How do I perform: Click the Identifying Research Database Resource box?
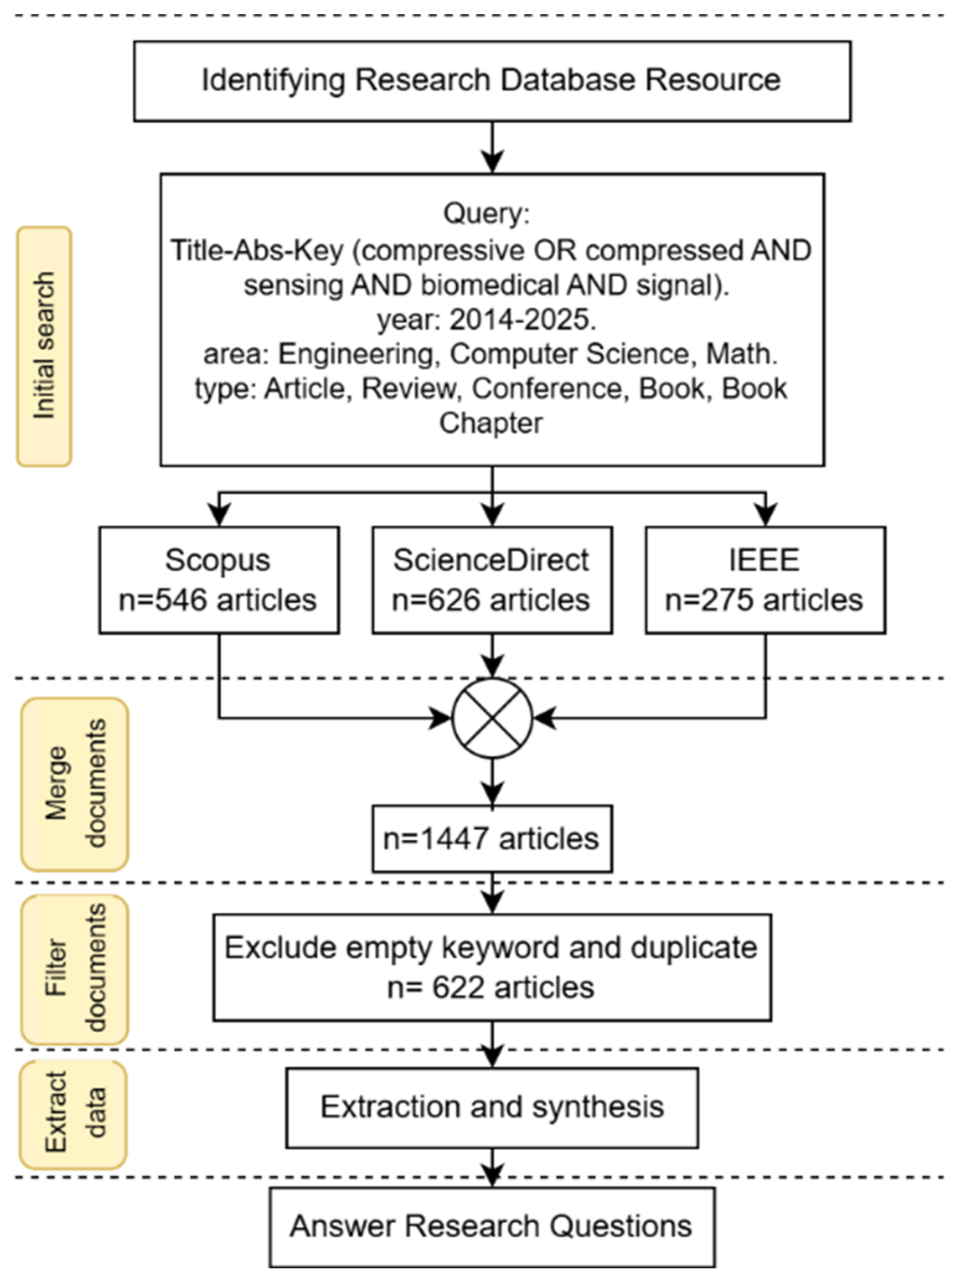(492, 81)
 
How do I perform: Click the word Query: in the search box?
(487, 213)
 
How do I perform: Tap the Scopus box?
(218, 580)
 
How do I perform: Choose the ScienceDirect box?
(492, 580)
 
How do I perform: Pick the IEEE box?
(765, 580)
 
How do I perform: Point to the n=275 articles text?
(764, 600)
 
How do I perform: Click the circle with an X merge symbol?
(492, 718)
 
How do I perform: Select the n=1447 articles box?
(492, 839)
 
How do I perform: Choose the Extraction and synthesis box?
(492, 1107)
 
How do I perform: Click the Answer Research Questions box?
(492, 1226)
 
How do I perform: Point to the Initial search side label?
(44, 347)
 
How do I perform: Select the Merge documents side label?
(75, 784)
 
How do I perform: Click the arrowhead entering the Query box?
(492, 162)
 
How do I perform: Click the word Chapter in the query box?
(491, 423)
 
